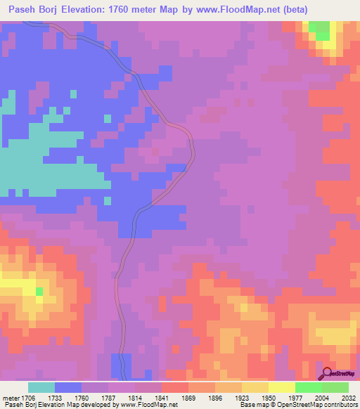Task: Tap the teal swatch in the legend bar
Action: point(41,387)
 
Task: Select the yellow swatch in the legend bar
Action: point(281,387)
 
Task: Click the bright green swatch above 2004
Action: point(308,387)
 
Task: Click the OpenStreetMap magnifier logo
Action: point(326,373)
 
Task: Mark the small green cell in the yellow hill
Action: point(39,291)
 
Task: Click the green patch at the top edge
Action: point(321,30)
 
